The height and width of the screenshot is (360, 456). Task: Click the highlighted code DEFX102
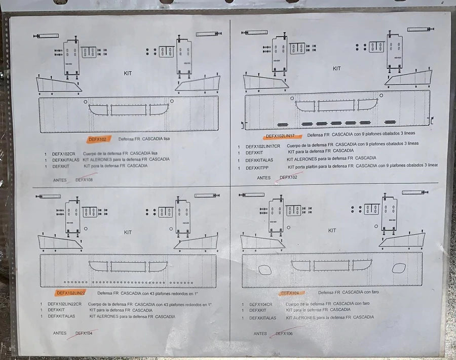pos(96,139)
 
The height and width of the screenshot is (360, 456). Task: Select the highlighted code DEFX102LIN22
pos(70,293)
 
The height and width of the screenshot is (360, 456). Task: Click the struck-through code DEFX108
pos(84,179)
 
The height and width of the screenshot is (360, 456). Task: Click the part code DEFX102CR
pos(63,153)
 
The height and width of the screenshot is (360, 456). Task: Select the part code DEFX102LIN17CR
pos(262,146)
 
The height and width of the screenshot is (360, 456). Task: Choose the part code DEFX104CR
pos(261,304)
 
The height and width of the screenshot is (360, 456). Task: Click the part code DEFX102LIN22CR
pos(64,304)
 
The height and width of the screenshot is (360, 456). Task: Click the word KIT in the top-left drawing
pos(128,73)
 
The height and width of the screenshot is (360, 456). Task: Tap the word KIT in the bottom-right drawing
pos(332,230)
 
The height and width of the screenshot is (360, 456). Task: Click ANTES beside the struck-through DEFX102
pos(263,178)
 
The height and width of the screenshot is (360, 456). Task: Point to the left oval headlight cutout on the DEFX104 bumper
pos(265,270)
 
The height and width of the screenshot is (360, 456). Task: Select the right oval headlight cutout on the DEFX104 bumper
pos(399,268)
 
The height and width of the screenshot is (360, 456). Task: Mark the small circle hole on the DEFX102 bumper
pos(86,101)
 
